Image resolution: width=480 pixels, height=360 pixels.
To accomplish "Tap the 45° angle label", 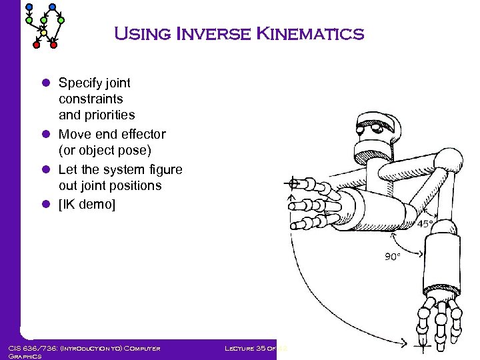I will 426,224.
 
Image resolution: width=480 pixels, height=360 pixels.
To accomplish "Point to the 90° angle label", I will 392,256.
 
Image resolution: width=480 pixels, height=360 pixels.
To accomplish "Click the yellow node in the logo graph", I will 44,32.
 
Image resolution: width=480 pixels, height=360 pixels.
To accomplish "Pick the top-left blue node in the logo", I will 29,7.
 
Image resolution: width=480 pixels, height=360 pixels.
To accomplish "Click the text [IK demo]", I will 87,204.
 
